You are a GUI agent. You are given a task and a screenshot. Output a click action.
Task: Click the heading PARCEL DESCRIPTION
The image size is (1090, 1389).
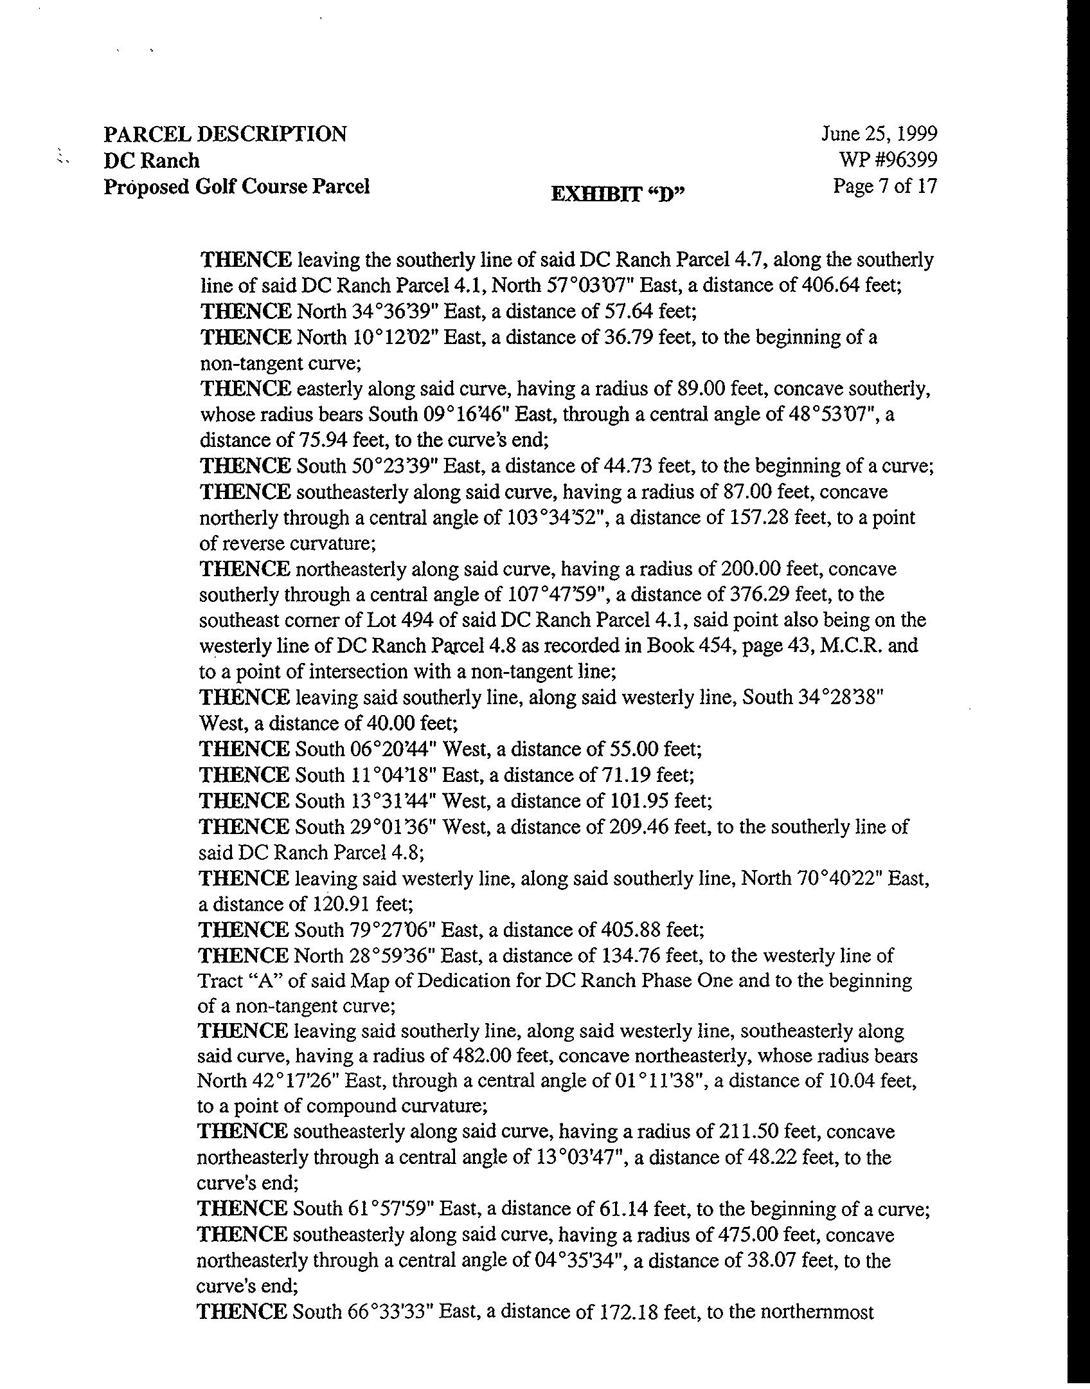[225, 134]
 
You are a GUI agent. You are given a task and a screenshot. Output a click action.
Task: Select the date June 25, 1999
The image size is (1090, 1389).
[879, 134]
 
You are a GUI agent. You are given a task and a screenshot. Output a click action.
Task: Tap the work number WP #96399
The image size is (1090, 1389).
[888, 159]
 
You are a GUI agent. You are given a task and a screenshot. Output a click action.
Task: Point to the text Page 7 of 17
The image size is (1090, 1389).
[885, 186]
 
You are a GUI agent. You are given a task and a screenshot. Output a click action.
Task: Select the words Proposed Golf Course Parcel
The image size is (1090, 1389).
[237, 186]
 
